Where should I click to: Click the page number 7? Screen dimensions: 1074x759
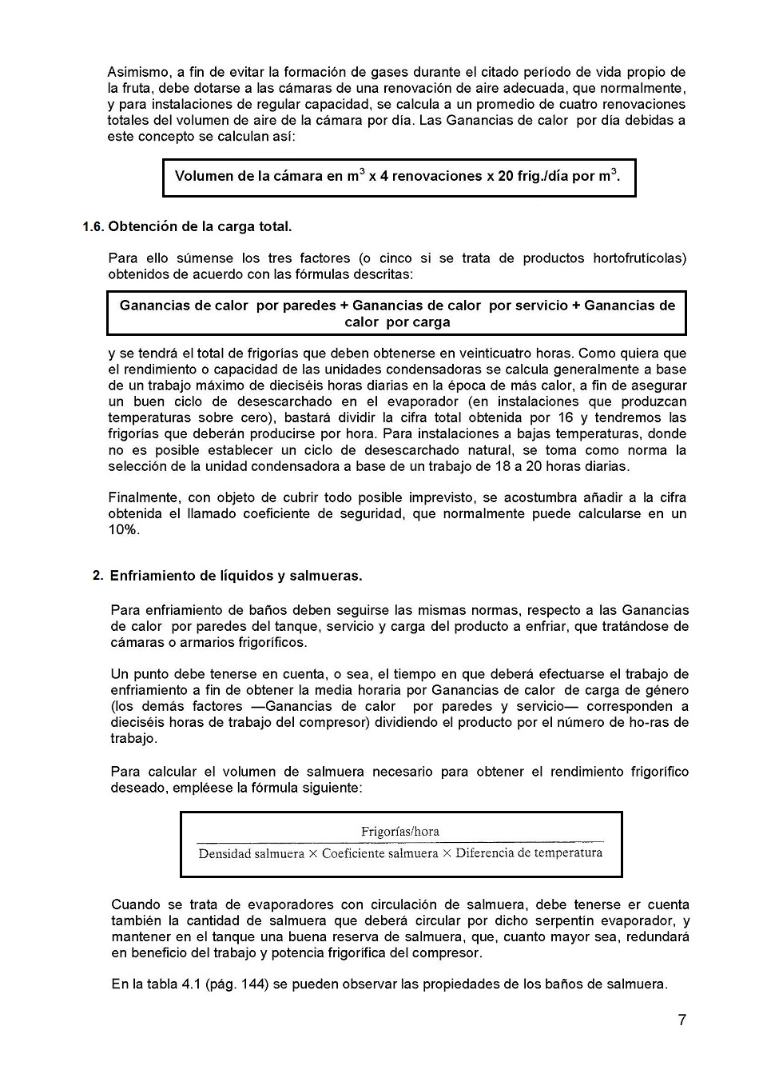682,1020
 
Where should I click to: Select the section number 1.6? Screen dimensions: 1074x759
93,226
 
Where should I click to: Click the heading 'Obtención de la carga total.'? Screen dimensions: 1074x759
200,226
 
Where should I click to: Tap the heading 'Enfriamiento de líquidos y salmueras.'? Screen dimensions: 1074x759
236,576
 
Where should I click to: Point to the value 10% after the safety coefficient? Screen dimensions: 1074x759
125,530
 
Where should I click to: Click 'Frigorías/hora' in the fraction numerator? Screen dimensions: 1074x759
400,832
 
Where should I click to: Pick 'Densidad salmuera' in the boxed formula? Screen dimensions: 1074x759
251,853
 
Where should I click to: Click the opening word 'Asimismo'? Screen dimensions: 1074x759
136,73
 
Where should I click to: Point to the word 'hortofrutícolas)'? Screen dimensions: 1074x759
639,258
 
